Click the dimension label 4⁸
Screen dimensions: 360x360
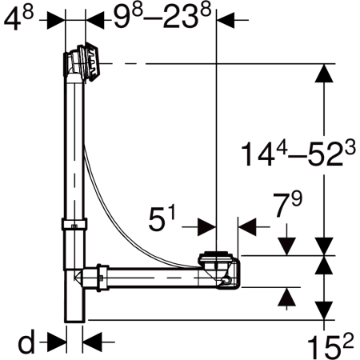click(18, 19)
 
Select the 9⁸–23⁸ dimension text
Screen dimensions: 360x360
click(162, 17)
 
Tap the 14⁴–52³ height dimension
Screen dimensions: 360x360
click(298, 154)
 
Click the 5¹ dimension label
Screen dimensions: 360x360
click(162, 218)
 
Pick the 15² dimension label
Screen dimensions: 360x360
click(330, 346)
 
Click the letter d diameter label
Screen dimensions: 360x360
click(26, 341)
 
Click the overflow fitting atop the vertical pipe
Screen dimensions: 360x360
click(82, 63)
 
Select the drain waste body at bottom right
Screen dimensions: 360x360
click(219, 270)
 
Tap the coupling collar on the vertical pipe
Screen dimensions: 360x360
click(74, 224)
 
